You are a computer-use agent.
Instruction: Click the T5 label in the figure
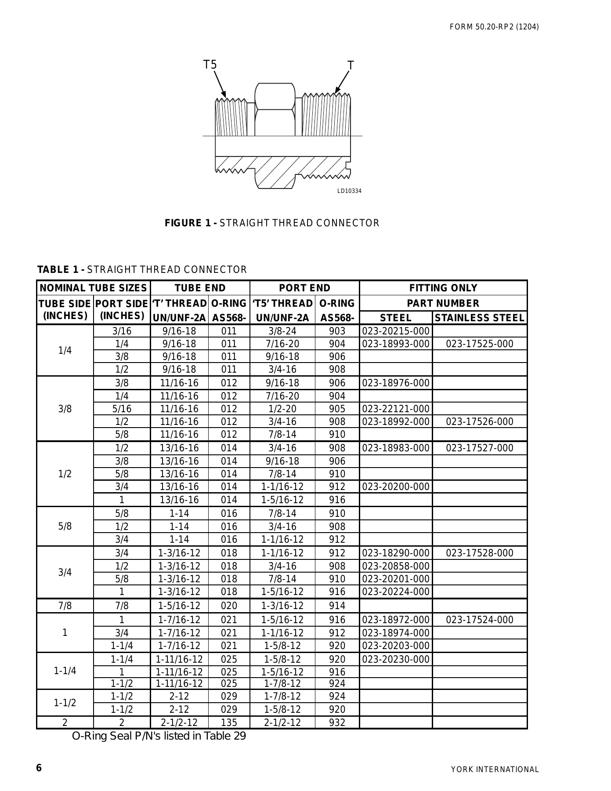[210, 65]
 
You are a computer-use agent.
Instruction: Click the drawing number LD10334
[349, 191]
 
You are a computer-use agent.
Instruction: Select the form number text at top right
[494, 27]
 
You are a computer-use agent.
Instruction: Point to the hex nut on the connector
[275, 110]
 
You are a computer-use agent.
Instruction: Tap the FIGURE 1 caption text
[271, 223]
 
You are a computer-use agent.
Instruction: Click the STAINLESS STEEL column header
[479, 318]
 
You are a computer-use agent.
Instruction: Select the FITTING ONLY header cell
[443, 288]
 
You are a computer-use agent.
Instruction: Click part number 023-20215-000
[395, 331]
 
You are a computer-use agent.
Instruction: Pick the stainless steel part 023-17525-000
[479, 344]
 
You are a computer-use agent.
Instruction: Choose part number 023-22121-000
[395, 409]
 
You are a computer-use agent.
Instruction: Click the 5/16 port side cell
[122, 409]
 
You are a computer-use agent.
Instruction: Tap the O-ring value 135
[228, 723]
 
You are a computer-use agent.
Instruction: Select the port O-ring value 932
[337, 723]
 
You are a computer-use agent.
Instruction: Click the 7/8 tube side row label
[65, 606]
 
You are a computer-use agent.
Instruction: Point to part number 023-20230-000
[395, 659]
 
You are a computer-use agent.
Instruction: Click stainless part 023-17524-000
[479, 620]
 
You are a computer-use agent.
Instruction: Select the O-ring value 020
[228, 606]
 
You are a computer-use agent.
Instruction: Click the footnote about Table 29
[159, 736]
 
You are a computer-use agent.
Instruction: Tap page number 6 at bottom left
[39, 768]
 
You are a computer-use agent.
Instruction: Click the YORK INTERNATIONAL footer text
[495, 769]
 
